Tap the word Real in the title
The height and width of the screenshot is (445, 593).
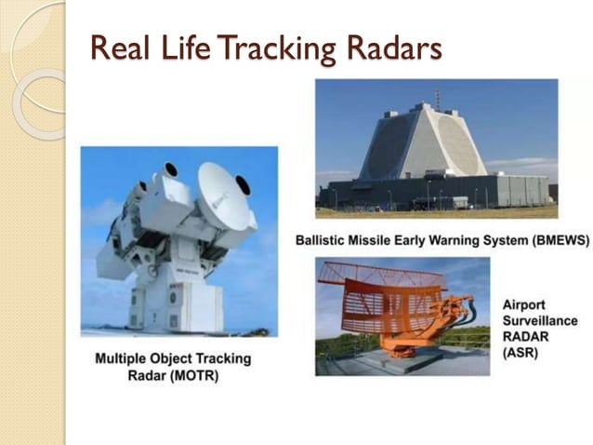(119, 47)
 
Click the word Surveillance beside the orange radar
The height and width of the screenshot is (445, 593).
(539, 320)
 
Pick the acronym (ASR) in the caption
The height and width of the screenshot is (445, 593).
(521, 353)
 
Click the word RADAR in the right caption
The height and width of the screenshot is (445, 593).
(526, 336)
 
